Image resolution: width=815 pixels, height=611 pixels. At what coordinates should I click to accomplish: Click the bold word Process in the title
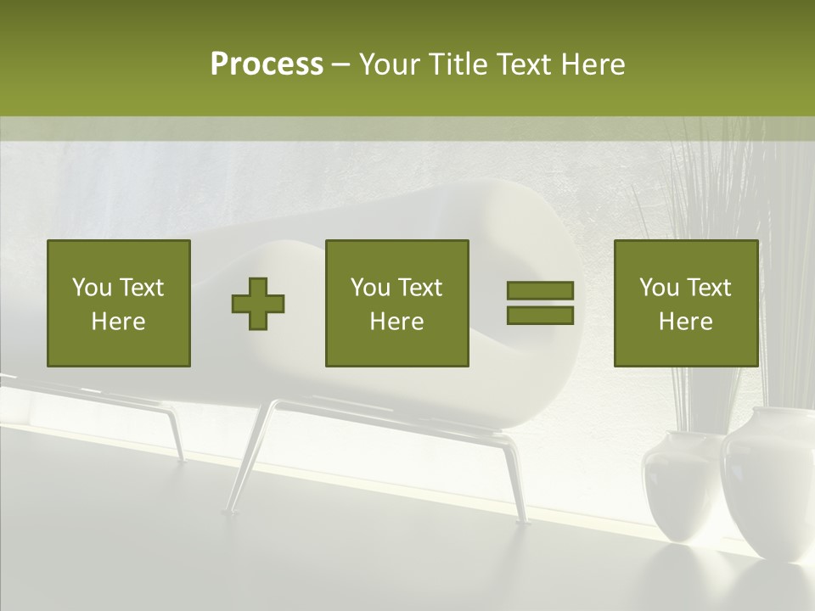click(x=267, y=64)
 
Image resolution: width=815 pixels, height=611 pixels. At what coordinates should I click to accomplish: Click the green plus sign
click(x=258, y=304)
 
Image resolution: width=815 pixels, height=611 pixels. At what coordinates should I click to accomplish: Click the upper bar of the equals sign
click(x=540, y=290)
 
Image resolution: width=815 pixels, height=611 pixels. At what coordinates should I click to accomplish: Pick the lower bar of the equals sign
click(x=540, y=316)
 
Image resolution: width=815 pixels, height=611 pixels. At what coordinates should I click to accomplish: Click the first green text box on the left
click(x=119, y=303)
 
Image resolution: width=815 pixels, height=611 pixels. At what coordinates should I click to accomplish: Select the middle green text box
click(x=396, y=303)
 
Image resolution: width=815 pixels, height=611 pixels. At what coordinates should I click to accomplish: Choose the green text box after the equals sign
click(x=686, y=303)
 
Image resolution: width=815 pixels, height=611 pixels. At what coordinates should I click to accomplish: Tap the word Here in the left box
click(x=118, y=322)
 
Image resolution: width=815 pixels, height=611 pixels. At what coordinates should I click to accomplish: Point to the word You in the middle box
click(x=370, y=288)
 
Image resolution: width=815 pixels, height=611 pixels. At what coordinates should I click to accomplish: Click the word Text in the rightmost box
click(x=710, y=288)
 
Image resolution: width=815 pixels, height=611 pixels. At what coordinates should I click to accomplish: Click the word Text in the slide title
click(x=521, y=64)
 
